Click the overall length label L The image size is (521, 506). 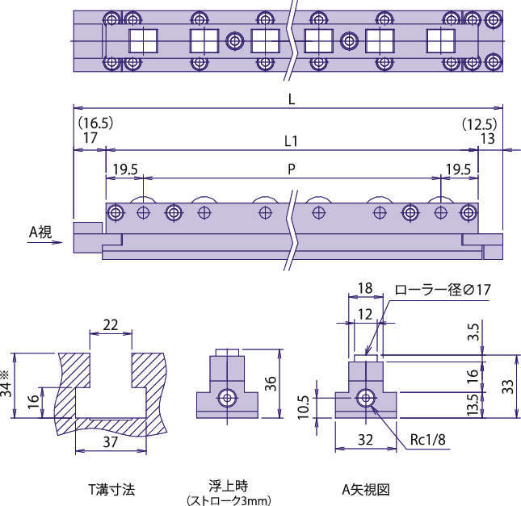[x=290, y=98]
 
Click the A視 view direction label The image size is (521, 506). [x=40, y=232]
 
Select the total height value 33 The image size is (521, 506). [x=506, y=386]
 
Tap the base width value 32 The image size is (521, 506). [x=366, y=439]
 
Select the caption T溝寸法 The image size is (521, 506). [x=112, y=489]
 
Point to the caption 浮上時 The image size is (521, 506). [x=229, y=487]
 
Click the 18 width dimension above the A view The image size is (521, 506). [x=364, y=289]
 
